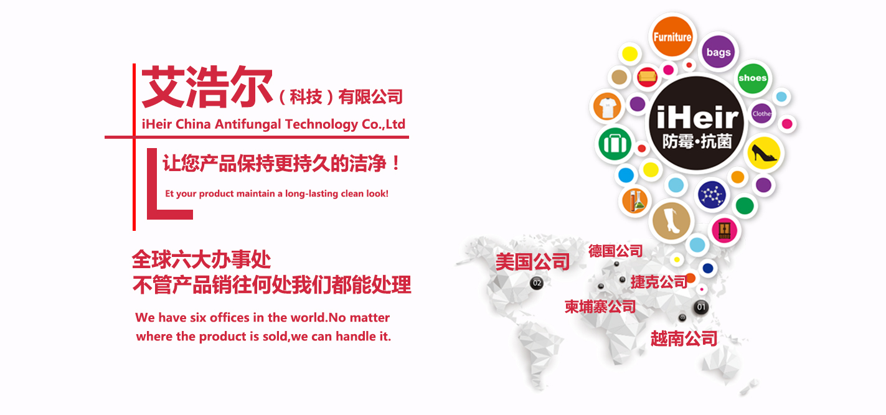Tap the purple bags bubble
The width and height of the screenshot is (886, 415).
pos(719,52)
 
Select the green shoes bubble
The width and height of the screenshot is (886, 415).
pos(752,78)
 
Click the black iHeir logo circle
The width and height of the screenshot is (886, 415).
pos(697,123)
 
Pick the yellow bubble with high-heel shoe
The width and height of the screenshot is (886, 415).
pos(764,153)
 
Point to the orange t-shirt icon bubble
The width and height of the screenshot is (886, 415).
pos(607,107)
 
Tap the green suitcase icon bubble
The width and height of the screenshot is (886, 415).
pos(615,144)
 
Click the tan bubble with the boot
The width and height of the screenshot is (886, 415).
pos(671,221)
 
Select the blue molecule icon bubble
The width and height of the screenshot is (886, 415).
pos(712,195)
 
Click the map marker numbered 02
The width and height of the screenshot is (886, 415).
pos(537,283)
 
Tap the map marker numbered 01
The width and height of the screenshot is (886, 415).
pos(701,307)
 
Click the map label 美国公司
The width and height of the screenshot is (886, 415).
pos(532,262)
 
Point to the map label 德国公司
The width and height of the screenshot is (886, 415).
pos(615,251)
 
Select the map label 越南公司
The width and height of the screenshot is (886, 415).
pos(684,338)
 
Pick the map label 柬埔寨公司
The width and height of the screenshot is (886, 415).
pos(600,307)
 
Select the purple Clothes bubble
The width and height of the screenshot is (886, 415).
pos(762,113)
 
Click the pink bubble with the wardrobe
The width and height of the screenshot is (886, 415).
pos(724,230)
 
